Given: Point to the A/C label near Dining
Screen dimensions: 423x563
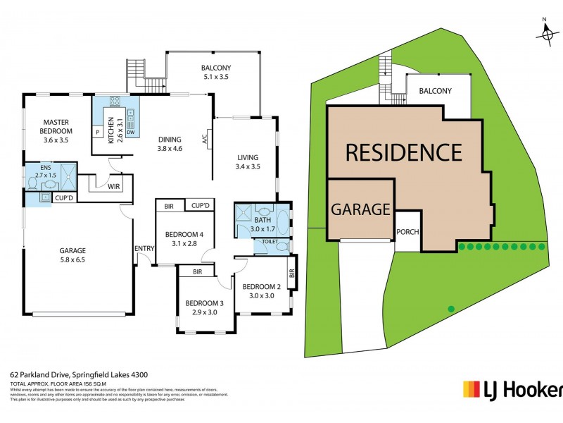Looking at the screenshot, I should point(204,139).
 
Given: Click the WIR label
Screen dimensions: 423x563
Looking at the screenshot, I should point(113,187).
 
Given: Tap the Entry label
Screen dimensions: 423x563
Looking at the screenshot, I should point(144,247).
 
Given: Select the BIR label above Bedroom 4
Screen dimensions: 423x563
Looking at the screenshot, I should point(169,206).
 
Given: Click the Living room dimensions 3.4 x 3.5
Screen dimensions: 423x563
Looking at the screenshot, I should point(248,167).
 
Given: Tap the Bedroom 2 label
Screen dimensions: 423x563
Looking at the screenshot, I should point(262,287).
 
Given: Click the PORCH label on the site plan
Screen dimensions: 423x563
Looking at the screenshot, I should point(408,232).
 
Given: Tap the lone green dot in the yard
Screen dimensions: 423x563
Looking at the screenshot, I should point(451,308).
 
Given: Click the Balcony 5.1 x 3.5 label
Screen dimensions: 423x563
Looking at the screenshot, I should point(216,73).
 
